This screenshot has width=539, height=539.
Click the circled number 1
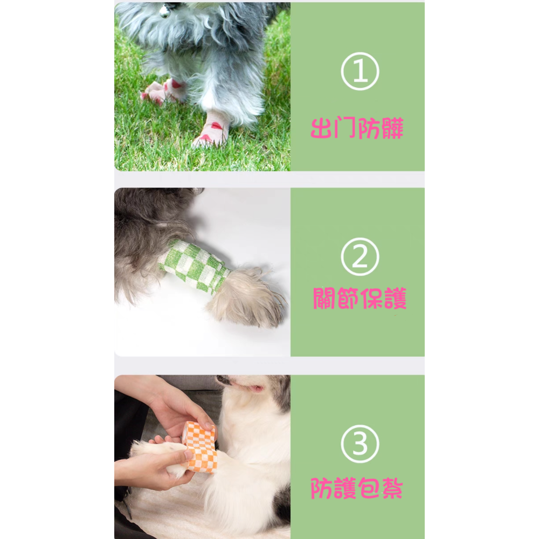tap(360, 71)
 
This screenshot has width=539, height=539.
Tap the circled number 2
tap(360, 257)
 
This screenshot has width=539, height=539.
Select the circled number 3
tap(360, 444)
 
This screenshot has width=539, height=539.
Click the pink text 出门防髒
tap(357, 128)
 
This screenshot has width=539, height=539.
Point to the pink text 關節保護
tap(360, 298)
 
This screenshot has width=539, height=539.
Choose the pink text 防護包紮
tap(356, 488)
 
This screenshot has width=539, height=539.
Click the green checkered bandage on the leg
tap(194, 266)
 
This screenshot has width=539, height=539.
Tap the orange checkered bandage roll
tap(201, 446)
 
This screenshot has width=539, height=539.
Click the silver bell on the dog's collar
tap(164, 11)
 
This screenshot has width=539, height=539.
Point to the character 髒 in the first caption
tap(392, 128)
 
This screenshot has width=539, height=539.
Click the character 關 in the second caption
tap(324, 298)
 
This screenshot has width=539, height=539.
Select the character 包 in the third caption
tap(369, 488)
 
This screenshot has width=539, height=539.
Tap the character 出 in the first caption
tap(322, 128)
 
